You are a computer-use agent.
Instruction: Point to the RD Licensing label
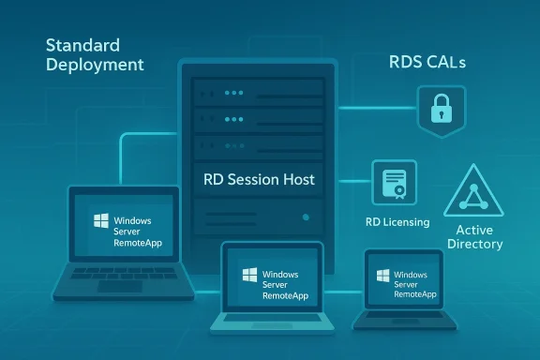(x=397, y=222)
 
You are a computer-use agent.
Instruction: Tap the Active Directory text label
(x=478, y=235)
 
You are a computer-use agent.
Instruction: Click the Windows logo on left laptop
(x=100, y=222)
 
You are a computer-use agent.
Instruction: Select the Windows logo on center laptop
(x=248, y=276)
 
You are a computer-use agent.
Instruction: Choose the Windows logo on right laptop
(x=382, y=277)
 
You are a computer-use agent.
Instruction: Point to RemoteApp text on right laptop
(x=415, y=293)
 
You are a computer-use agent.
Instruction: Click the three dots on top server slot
(x=232, y=93)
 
